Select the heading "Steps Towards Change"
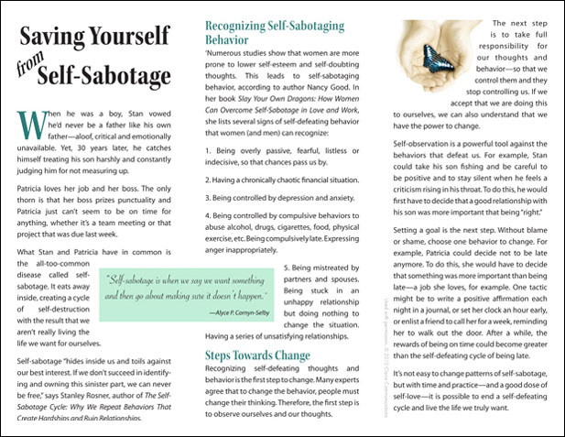pos(244,355)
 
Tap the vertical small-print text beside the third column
pos(378,321)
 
